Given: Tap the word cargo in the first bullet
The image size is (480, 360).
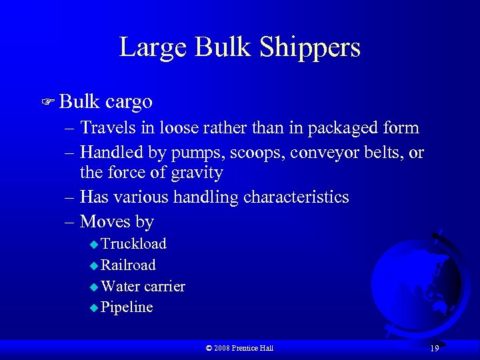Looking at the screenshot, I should point(129,102).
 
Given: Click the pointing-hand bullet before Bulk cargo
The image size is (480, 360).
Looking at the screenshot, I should point(48,103).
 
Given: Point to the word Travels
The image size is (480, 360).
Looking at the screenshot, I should point(105,127).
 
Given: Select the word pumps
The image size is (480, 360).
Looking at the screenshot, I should point(197,153).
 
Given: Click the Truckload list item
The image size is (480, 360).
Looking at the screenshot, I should point(133,244).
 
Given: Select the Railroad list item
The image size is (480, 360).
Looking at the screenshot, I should point(128,265).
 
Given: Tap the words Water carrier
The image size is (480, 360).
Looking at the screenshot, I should point(143,287).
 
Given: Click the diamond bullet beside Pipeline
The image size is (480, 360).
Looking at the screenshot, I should point(93,308).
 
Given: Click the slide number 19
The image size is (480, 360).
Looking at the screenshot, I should point(434,349).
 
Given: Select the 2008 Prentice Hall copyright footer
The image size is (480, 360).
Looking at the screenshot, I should point(239,348).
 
